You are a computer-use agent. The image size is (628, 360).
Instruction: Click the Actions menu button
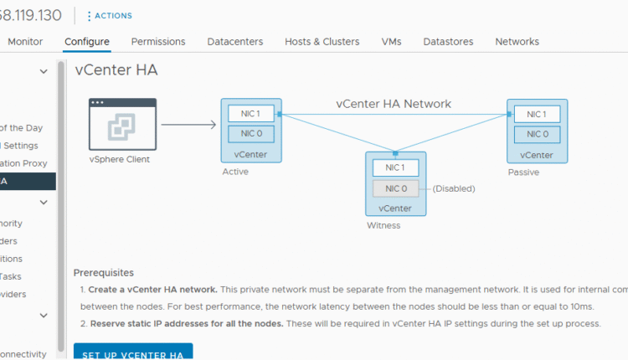click(x=110, y=16)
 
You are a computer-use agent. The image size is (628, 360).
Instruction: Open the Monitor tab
click(x=25, y=41)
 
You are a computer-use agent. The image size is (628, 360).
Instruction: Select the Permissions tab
click(x=157, y=41)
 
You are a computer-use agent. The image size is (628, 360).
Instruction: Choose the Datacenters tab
click(x=234, y=41)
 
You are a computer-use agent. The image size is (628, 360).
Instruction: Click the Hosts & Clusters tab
click(x=322, y=41)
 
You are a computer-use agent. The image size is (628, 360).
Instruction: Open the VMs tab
click(x=391, y=41)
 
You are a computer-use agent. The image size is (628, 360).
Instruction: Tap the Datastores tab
click(x=448, y=41)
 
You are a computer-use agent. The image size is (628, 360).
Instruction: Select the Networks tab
click(x=517, y=41)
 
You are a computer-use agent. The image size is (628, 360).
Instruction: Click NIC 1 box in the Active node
click(x=250, y=113)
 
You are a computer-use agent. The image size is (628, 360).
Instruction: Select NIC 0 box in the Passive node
click(x=536, y=133)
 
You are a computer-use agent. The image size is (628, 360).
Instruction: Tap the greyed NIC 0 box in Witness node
click(x=395, y=188)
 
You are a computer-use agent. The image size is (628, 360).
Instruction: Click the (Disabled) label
click(x=454, y=188)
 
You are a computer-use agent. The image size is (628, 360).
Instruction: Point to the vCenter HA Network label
click(x=394, y=104)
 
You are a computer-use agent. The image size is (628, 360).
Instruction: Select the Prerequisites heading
click(x=104, y=272)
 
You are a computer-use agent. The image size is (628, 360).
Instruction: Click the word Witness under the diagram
click(x=383, y=225)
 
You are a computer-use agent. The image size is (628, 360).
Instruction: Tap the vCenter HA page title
click(x=116, y=70)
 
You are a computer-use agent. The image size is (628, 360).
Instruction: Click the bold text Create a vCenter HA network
click(x=152, y=289)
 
